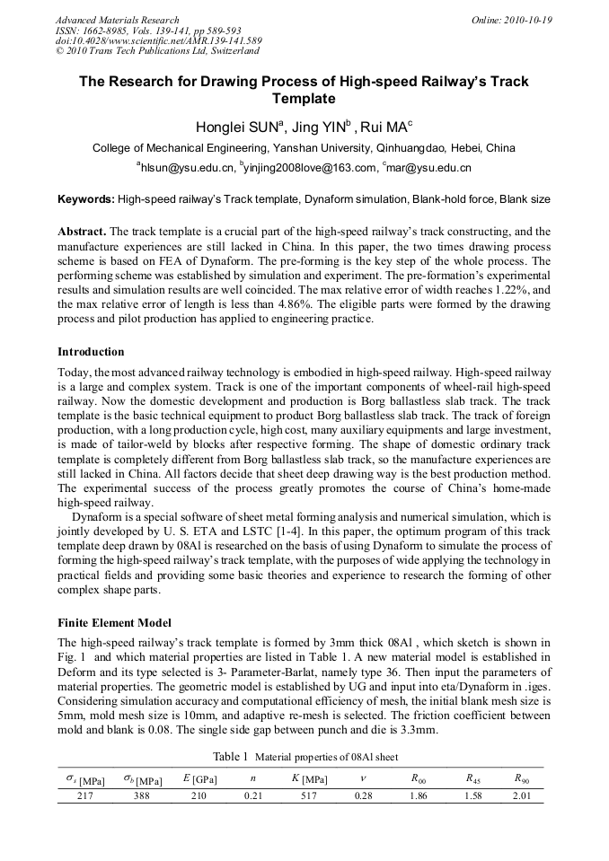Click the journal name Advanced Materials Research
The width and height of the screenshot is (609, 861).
118,20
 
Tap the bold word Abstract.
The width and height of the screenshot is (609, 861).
82,232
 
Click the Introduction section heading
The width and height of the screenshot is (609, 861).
91,351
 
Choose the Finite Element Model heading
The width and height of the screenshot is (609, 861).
114,622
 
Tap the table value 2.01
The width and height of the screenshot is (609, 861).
522,796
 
